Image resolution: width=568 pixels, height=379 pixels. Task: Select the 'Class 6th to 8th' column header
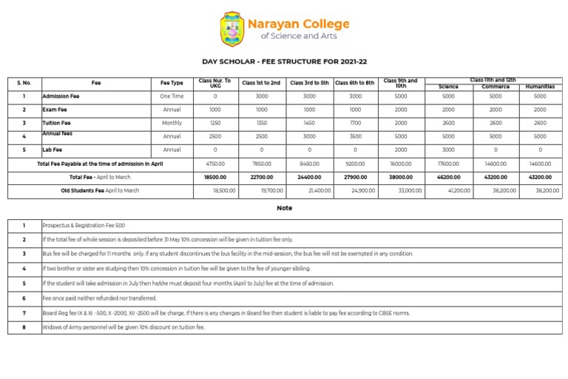(355, 83)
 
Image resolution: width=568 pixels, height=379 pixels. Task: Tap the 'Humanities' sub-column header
(540, 87)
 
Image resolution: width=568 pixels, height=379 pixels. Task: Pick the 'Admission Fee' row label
(57, 96)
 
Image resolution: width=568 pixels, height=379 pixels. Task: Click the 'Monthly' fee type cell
(172, 123)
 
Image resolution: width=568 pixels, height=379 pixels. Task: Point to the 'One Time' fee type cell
(172, 96)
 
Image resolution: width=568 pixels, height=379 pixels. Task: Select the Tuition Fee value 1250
(215, 123)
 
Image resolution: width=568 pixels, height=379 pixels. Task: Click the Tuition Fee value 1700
(355, 123)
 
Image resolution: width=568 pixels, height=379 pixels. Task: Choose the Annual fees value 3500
(355, 136)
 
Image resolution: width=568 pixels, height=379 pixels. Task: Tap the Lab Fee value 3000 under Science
(448, 150)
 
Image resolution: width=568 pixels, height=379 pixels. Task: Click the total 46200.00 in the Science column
(448, 178)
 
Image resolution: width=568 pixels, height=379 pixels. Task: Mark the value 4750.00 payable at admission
(215, 164)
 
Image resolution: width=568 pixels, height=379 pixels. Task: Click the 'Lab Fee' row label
(53, 150)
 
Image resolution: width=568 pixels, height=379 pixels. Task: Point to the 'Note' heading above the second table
(284, 208)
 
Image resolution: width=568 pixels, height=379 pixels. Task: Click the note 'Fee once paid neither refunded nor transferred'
(99, 298)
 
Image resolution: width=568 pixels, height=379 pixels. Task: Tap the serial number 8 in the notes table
(24, 326)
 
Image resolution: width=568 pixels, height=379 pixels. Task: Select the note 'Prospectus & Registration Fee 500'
(84, 225)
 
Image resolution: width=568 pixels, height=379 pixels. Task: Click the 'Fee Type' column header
(172, 83)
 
